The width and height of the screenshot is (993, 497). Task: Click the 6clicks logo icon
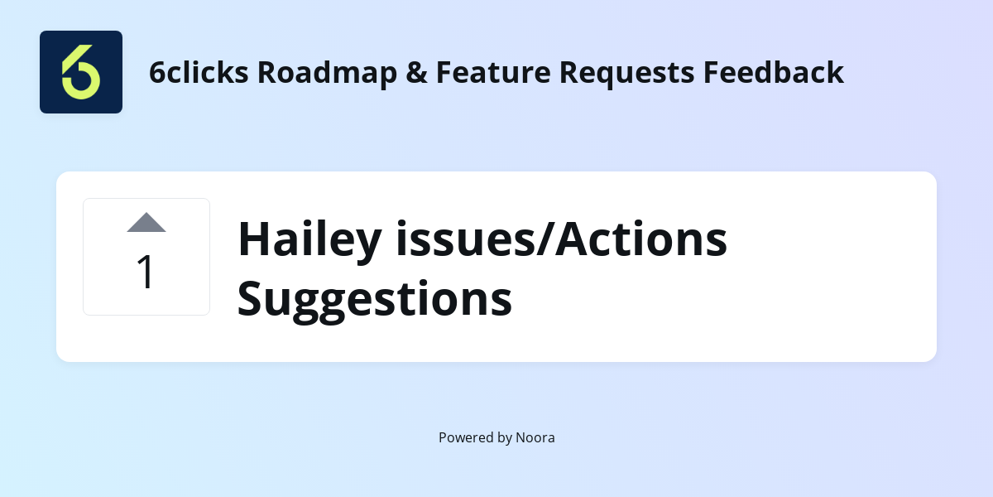81,72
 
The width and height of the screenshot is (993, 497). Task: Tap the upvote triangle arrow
146,223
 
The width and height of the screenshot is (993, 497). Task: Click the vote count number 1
146,273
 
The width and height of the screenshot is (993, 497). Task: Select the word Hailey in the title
309,239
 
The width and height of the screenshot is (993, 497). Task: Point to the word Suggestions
375,299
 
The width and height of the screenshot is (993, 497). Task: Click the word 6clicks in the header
199,73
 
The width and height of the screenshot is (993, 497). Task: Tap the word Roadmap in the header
326,73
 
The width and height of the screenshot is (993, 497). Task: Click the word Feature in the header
482,73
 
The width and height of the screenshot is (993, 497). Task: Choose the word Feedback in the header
774,73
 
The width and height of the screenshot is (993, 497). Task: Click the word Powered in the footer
464,437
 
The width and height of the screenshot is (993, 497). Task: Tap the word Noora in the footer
535,437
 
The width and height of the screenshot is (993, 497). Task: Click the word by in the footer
504,437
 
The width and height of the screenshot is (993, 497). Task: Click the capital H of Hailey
254,239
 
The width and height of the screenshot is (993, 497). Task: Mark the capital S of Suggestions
251,299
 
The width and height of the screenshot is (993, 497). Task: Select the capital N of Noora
521,437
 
